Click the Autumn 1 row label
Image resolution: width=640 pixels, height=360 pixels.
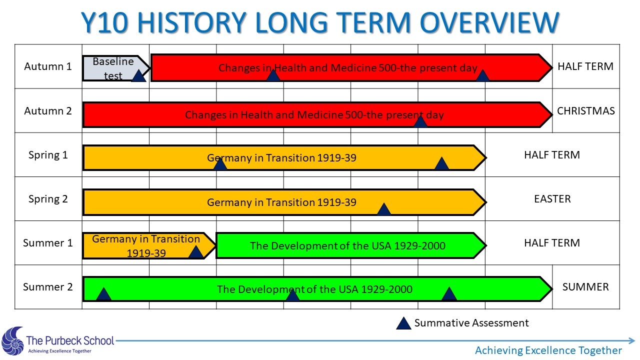47,66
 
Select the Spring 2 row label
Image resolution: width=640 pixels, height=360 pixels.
48,199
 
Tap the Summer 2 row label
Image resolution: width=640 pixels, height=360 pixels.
47,287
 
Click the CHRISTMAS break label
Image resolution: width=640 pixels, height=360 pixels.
585,111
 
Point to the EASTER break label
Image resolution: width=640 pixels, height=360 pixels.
552,199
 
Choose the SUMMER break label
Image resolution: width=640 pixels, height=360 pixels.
585,287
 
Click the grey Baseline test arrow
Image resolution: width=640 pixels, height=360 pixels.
115,68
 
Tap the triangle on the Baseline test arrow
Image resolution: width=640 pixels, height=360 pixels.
139,75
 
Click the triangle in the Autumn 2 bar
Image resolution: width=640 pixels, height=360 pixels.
420,121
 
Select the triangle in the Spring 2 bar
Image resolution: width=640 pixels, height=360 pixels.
384,209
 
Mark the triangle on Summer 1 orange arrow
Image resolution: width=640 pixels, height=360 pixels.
196,252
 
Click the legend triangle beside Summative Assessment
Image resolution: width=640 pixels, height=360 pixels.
403,323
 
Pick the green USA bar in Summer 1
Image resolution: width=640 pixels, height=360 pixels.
351,245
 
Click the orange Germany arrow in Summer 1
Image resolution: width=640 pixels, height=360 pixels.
149,245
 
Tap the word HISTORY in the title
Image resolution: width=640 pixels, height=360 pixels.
191,22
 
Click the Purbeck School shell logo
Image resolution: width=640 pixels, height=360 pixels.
13,341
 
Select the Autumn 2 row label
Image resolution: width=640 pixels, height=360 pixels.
47,111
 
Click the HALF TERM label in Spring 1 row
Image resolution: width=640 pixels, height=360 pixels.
552,155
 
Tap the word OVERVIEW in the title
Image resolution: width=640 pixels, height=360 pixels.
489,22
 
